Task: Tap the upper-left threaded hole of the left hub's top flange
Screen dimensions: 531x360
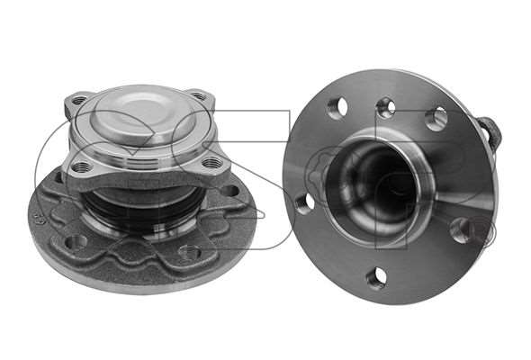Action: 79,101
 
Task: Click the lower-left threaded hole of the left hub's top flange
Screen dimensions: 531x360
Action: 81,166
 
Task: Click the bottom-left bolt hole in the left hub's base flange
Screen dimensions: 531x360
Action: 76,242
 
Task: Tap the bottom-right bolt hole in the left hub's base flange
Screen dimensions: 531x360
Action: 189,253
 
